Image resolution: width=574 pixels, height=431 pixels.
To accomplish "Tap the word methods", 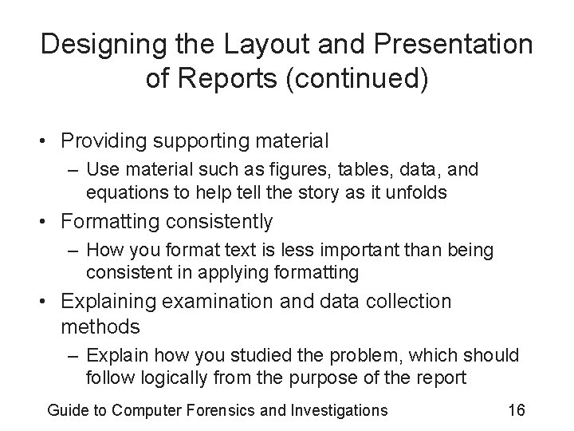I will pyautogui.click(x=100, y=326).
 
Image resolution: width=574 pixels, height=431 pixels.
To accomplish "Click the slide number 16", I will pyautogui.click(x=516, y=410).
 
